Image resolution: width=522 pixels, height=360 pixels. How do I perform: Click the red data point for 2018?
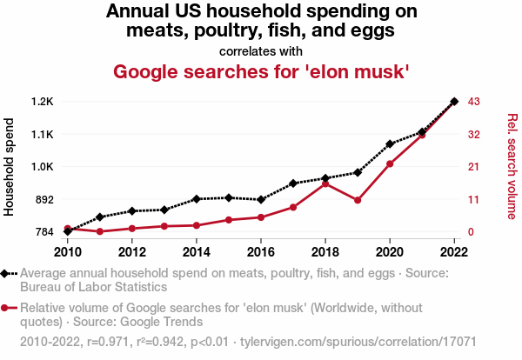(x=325, y=183)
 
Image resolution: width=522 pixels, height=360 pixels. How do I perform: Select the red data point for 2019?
(x=358, y=200)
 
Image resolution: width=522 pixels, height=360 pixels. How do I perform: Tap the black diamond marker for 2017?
(x=293, y=183)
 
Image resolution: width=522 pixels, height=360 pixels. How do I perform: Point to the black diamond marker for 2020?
(x=390, y=143)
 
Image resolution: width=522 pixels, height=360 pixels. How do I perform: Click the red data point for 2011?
(x=100, y=231)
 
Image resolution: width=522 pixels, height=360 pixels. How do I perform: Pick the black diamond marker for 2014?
(x=197, y=199)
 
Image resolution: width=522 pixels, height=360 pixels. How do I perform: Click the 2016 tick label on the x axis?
(x=261, y=252)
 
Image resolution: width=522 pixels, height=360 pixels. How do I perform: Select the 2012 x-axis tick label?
(x=132, y=252)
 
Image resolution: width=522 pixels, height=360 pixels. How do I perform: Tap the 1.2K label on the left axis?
(x=42, y=102)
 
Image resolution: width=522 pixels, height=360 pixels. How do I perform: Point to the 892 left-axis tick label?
(x=43, y=199)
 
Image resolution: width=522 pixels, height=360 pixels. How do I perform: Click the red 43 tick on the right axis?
(x=473, y=102)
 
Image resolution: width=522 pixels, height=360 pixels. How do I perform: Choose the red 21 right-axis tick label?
(x=473, y=167)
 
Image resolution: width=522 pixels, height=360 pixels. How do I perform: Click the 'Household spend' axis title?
(x=10, y=167)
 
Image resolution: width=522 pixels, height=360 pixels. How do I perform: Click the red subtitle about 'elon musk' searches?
(x=261, y=71)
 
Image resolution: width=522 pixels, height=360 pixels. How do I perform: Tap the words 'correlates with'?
(x=261, y=50)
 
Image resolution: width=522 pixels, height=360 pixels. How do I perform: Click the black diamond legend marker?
(x=8, y=273)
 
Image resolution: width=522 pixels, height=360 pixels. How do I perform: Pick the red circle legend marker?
(x=8, y=308)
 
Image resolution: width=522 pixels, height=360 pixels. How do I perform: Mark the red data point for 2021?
(x=422, y=135)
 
